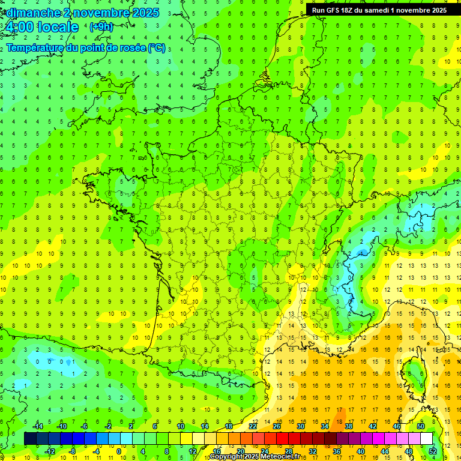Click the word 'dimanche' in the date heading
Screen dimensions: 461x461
pyautogui.click(x=31, y=13)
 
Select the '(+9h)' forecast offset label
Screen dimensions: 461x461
pyautogui.click(x=100, y=26)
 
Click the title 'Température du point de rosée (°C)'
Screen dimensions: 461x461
pyautogui.click(x=86, y=48)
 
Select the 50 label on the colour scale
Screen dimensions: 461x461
pyautogui.click(x=421, y=426)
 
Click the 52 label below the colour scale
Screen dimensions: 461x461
pyautogui.click(x=433, y=451)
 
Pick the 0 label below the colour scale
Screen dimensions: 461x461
pyautogui.click(x=119, y=451)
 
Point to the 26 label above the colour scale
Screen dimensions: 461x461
pyautogui.click(x=277, y=426)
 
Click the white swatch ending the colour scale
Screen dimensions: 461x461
pyautogui.click(x=426, y=439)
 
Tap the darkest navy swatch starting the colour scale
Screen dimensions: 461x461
pyautogui.click(x=30, y=439)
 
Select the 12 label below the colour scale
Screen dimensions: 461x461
pyautogui.click(x=192, y=451)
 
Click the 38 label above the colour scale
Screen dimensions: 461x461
pyautogui.click(x=349, y=426)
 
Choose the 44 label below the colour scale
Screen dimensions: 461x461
pyautogui.click(x=385, y=451)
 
